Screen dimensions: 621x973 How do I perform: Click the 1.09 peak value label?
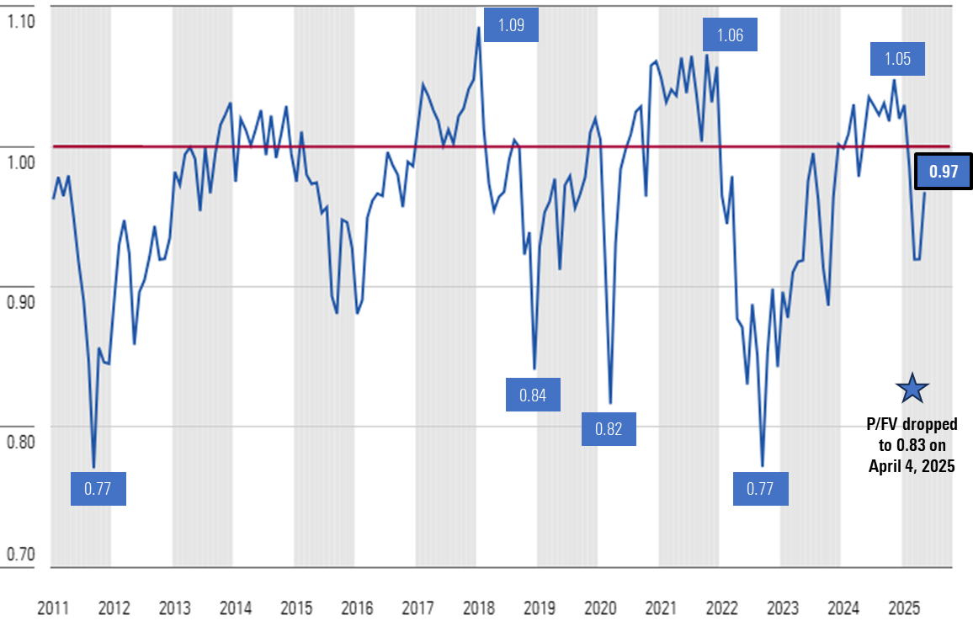pyautogui.click(x=511, y=24)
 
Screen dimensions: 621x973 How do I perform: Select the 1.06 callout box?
pyautogui.click(x=730, y=35)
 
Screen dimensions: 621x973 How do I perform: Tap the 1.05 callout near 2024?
pyautogui.click(x=897, y=59)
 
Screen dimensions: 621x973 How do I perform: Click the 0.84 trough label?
pyautogui.click(x=533, y=395)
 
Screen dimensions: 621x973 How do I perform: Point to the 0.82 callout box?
pyautogui.click(x=609, y=428)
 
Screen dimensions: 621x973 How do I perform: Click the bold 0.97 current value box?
pyautogui.click(x=944, y=172)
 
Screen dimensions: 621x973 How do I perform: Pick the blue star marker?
pyautogui.click(x=912, y=388)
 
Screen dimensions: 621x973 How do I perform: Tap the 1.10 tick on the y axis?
pyautogui.click(x=20, y=21)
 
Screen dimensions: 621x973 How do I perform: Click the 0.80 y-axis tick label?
pyautogui.click(x=20, y=441)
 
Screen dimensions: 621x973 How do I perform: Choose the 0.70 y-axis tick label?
pyautogui.click(x=20, y=554)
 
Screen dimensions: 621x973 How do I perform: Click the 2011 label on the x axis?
pyautogui.click(x=53, y=608)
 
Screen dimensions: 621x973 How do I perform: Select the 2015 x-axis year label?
pyautogui.click(x=296, y=608)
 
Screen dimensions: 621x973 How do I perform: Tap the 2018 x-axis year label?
pyautogui.click(x=479, y=608)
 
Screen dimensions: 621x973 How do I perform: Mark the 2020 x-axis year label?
pyautogui.click(x=600, y=608)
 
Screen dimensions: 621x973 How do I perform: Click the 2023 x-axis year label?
pyautogui.click(x=783, y=608)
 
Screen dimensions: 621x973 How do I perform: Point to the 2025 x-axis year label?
pyautogui.click(x=904, y=608)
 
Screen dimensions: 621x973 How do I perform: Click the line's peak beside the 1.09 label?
pyautogui.click(x=479, y=27)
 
